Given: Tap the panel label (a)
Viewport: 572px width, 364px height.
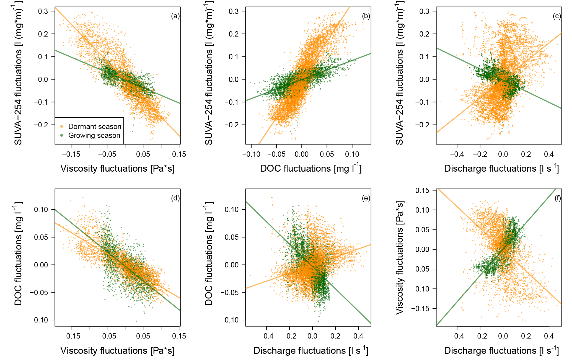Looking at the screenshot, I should [175, 16].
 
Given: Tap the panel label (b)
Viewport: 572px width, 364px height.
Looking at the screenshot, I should [366, 16].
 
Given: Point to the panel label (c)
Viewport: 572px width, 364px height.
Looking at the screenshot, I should [557, 16].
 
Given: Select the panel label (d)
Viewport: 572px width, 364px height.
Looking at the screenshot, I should [175, 198].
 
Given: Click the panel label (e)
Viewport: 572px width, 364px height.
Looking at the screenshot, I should [366, 198].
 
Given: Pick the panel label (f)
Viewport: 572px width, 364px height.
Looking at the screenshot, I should [557, 198].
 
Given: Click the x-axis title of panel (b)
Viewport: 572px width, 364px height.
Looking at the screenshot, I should [310, 168].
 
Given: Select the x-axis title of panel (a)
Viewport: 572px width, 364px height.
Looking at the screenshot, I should [117, 169].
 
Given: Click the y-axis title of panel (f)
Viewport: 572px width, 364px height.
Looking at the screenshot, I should [399, 257].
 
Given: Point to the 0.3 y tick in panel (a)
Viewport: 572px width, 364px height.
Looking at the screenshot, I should [43, 11].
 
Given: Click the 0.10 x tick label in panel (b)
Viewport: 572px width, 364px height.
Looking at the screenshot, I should [352, 154].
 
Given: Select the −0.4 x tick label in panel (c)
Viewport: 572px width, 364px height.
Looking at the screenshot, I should [457, 154].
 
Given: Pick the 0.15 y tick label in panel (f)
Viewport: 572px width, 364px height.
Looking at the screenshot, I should [422, 190].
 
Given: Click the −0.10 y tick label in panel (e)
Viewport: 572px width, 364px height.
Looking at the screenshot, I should [229, 320].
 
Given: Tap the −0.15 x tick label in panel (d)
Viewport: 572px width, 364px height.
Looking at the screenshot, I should [71, 336].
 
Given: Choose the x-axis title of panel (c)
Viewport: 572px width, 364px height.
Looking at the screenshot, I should [501, 168].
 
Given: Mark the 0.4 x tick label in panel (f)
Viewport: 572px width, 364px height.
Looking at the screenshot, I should [549, 336].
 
